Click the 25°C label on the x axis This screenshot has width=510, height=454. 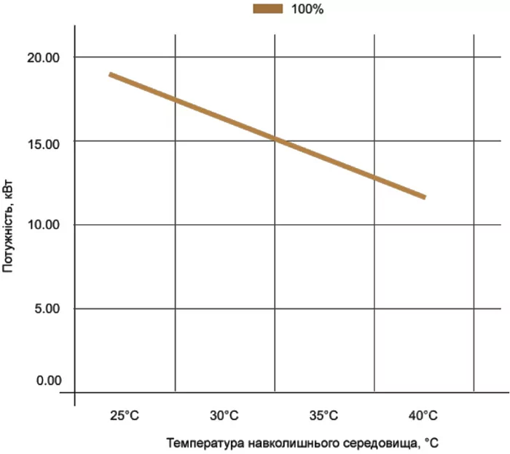(125, 417)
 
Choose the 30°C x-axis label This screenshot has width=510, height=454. (224, 417)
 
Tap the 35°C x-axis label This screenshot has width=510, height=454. (323, 417)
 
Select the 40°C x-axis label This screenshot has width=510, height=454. (423, 417)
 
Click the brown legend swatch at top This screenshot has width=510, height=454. (267, 9)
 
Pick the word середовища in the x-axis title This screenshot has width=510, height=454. (364, 442)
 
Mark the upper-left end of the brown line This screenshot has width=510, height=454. (110, 74)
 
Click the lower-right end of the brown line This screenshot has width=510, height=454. (424, 197)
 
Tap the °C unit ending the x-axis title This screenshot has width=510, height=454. (431, 442)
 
